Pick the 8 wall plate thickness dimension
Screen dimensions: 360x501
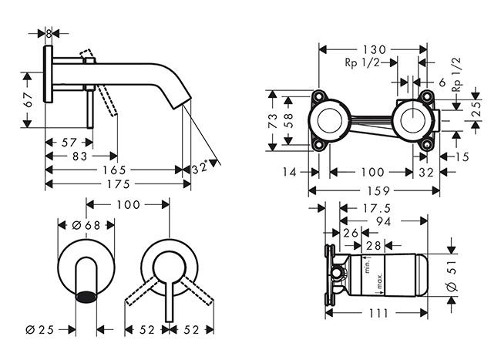coord(49,34)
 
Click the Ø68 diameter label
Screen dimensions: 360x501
coord(86,224)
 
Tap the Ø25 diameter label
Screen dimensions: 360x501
coord(39,329)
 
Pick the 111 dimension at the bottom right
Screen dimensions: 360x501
coord(375,313)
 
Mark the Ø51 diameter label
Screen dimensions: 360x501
coord(452,275)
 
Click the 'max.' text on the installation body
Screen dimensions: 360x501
coord(380,287)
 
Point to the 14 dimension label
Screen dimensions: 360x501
coord(290,173)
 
